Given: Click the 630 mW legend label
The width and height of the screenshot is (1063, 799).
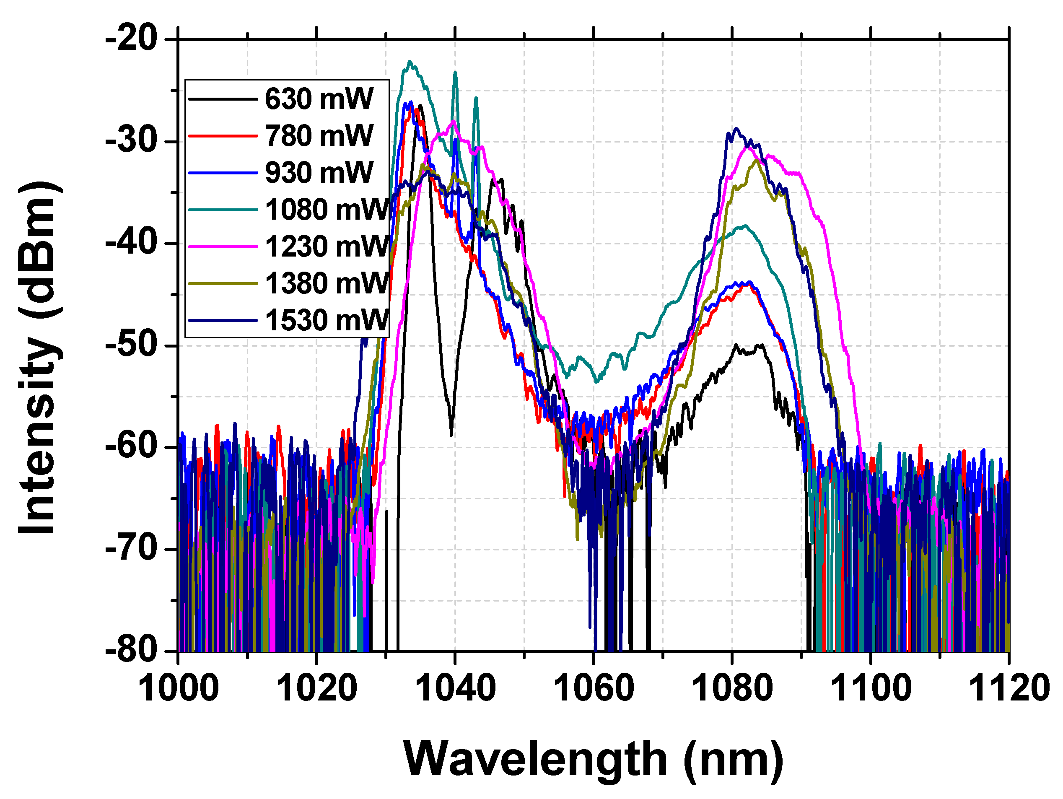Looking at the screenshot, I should (x=319, y=99).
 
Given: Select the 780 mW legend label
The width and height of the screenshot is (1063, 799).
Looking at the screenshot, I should (x=319, y=136).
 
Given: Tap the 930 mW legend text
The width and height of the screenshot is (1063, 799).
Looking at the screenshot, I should (x=319, y=173).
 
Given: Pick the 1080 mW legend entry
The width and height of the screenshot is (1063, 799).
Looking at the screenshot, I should (x=327, y=210).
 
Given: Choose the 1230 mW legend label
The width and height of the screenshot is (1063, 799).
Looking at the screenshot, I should (x=327, y=246).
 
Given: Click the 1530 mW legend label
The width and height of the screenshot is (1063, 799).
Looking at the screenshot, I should (x=327, y=320).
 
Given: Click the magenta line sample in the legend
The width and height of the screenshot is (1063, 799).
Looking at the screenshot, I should (x=223, y=246).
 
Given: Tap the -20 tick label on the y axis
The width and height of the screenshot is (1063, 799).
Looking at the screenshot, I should (x=132, y=39).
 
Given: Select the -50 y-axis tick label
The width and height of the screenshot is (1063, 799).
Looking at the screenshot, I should (x=132, y=345).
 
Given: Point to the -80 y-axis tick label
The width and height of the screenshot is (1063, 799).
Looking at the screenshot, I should (x=132, y=651).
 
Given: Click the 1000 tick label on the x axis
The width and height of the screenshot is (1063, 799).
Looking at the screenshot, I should (x=178, y=688).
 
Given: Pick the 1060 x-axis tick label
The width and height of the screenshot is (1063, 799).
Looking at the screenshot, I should (x=594, y=688).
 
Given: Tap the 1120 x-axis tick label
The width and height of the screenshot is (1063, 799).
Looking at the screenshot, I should (x=1008, y=688).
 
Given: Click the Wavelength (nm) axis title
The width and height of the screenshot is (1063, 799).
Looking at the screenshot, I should (x=594, y=759).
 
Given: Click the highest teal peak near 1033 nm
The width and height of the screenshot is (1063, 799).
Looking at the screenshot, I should (x=410, y=62).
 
